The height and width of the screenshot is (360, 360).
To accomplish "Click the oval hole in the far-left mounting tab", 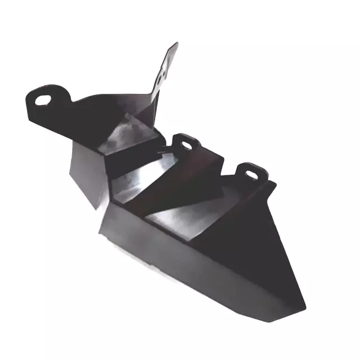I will click(43, 100).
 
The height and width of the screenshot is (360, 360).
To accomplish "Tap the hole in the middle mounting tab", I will click(185, 145).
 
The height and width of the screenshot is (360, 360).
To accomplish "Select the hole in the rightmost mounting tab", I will click(250, 172).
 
